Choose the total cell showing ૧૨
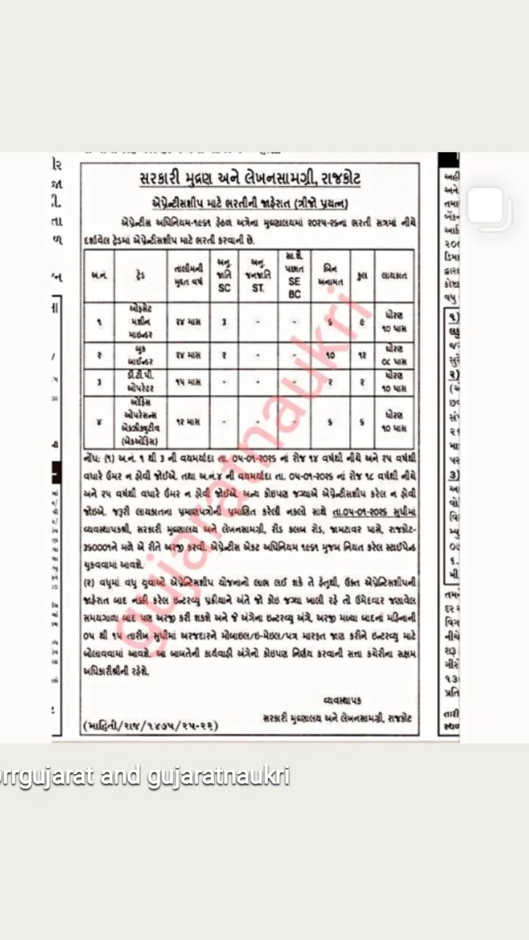(x=361, y=355)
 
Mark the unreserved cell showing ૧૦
(x=330, y=355)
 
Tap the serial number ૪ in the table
(x=98, y=422)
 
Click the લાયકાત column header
(x=394, y=276)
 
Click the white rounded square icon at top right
(x=489, y=206)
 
